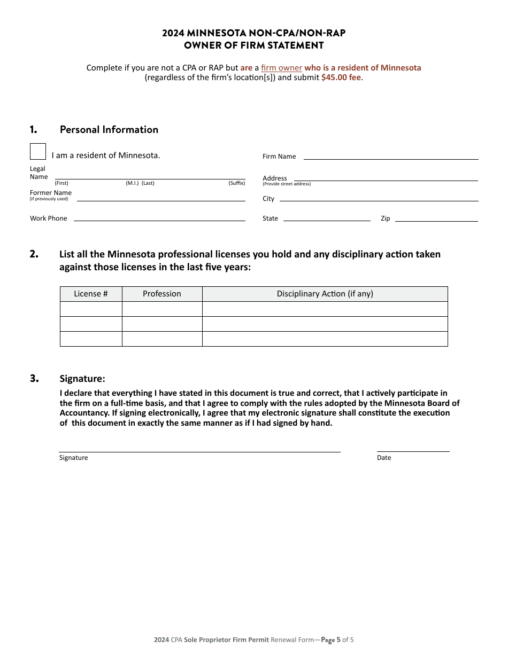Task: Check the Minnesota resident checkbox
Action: point(38,152)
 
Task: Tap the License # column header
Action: point(91,294)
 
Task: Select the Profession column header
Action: point(162,294)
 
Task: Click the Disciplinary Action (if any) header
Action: point(325,294)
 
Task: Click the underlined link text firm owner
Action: point(281,68)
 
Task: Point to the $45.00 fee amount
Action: point(341,77)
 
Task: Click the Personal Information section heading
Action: point(109,130)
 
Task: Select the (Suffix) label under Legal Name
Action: point(237,183)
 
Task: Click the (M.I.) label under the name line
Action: point(132,183)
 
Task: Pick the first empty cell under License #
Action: point(91,309)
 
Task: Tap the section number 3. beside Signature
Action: point(34,379)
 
